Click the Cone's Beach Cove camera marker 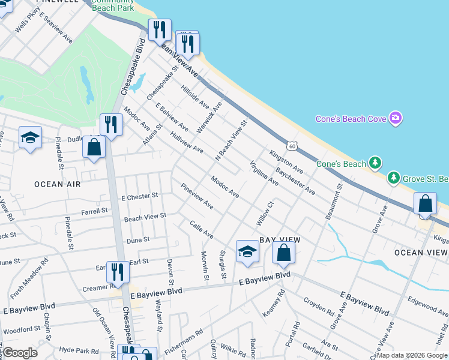click(395, 118)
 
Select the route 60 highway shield click(292, 146)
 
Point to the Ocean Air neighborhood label click(57, 184)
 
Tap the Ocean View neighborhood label click(421, 253)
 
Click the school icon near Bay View click(247, 253)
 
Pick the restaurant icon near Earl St click(118, 272)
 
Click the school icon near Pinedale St click(30, 139)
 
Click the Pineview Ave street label click(196, 196)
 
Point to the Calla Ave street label click(202, 229)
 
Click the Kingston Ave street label click(286, 162)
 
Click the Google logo click(20, 353)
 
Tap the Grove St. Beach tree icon click(393, 178)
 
